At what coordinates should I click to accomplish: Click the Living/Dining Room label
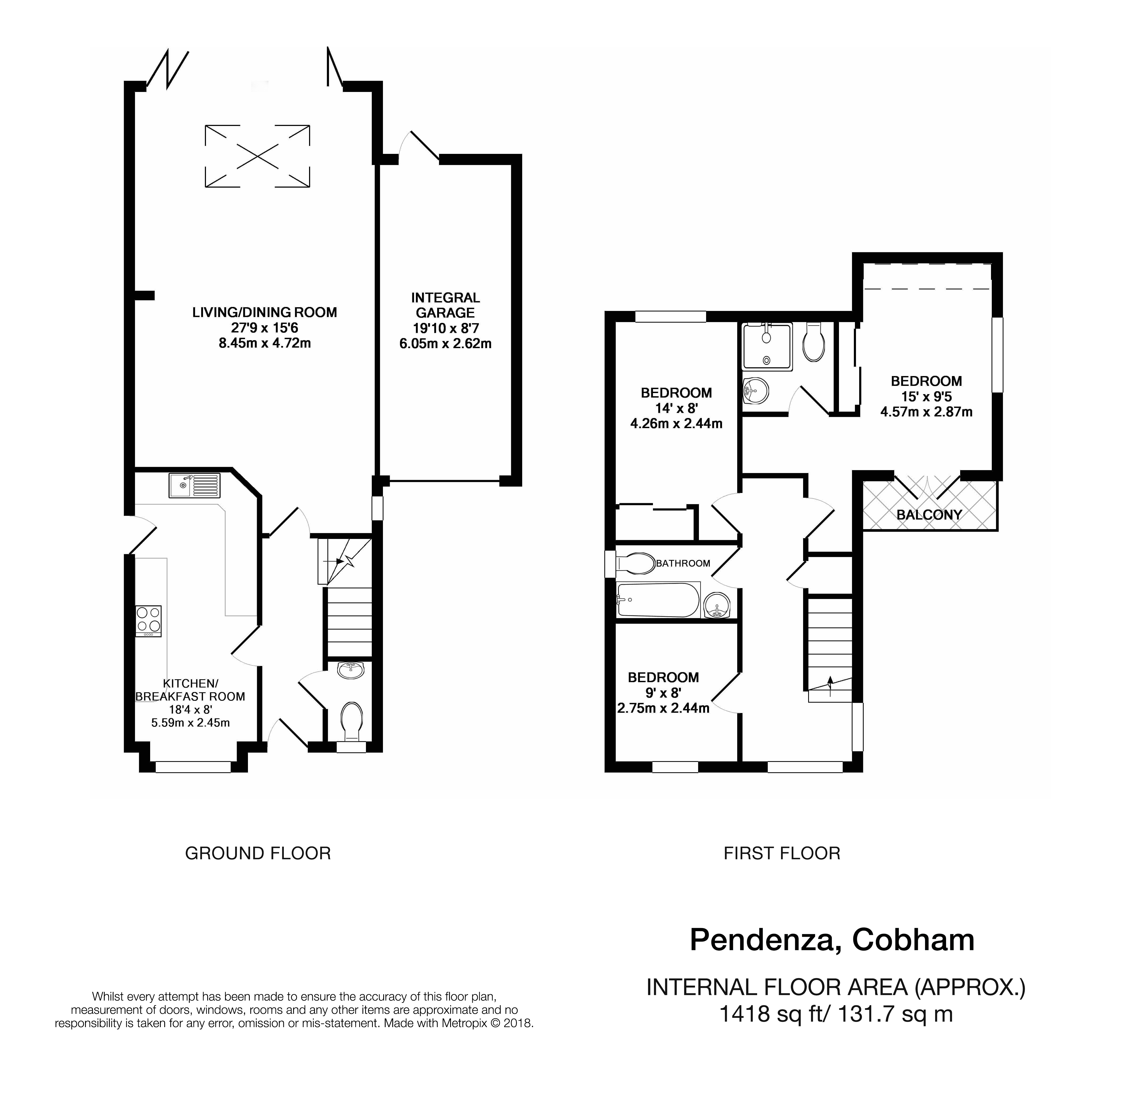pyautogui.click(x=264, y=312)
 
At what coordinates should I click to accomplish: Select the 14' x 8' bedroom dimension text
pyautogui.click(x=676, y=408)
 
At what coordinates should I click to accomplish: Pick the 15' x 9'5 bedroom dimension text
pyautogui.click(x=926, y=397)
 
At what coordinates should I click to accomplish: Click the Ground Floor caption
pyautogui.click(x=258, y=853)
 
